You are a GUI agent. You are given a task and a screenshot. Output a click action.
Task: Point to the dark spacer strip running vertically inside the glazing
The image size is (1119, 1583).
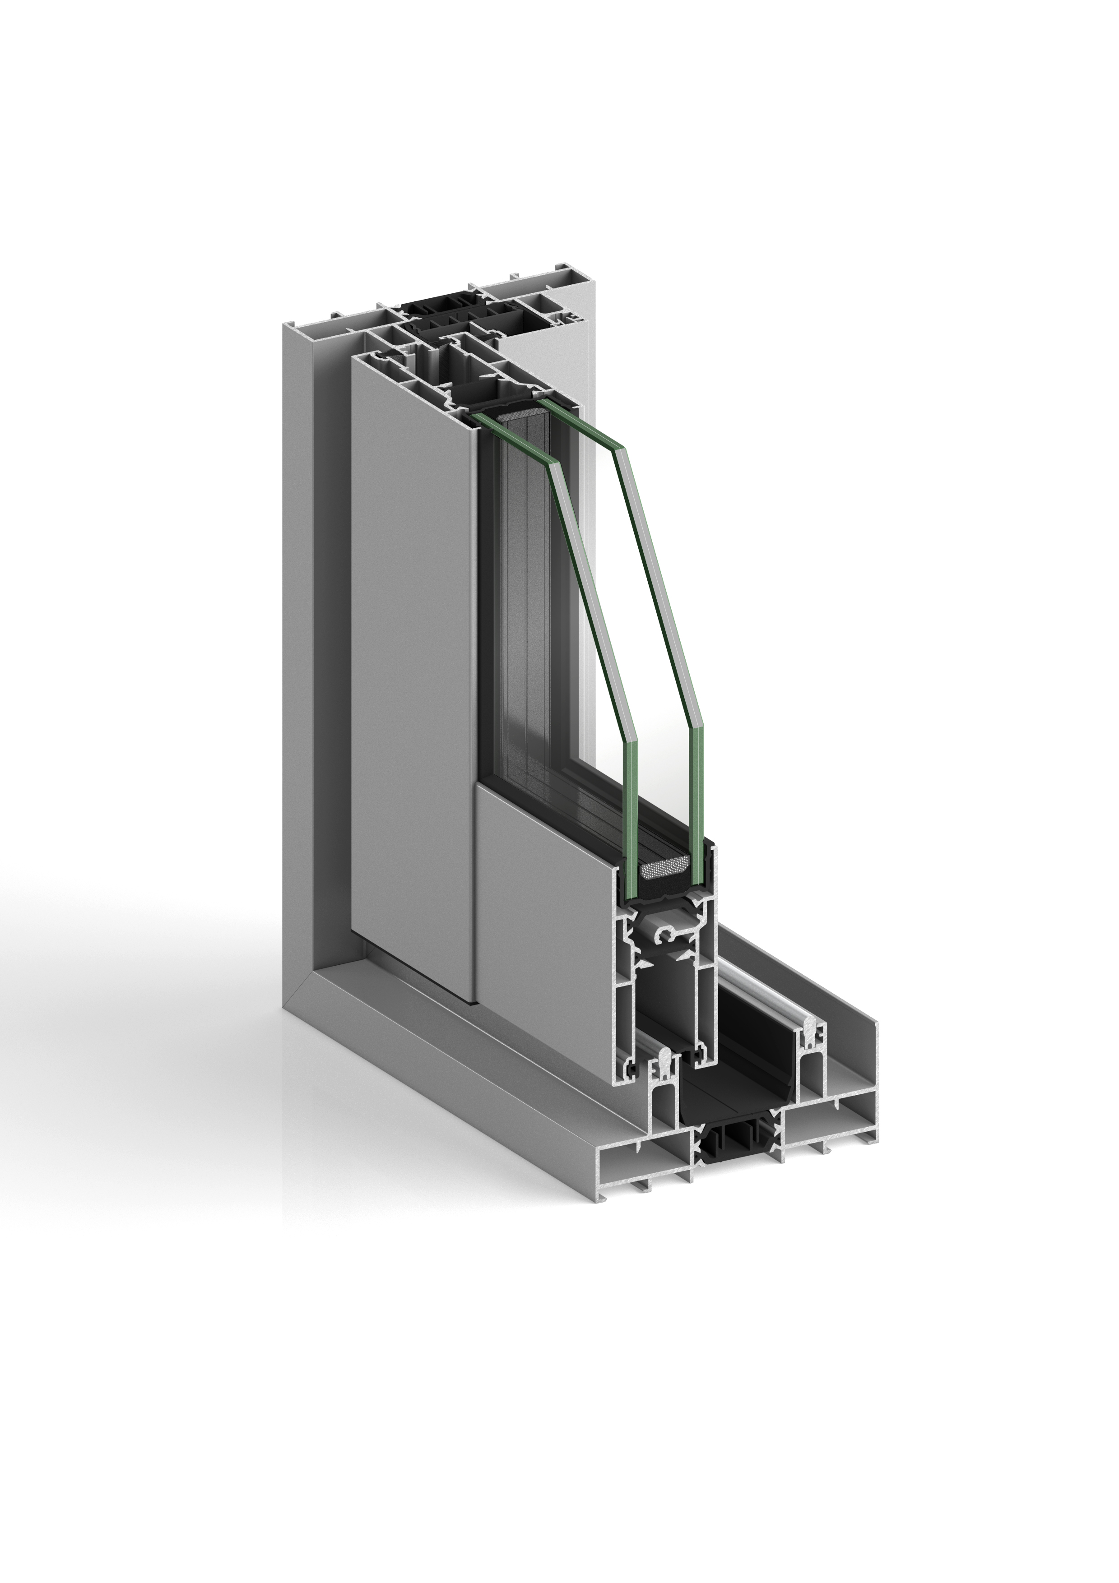(531, 620)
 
